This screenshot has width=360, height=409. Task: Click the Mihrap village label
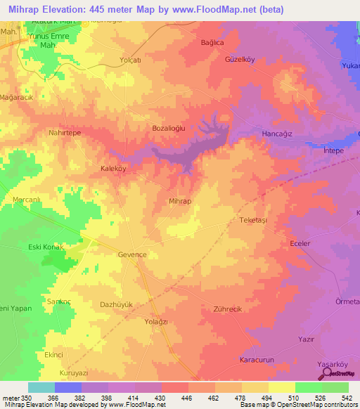pyautogui.click(x=180, y=201)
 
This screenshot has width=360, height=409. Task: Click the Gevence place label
pyautogui.click(x=132, y=254)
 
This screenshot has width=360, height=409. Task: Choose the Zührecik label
pyautogui.click(x=226, y=309)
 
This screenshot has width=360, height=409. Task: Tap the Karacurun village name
pyautogui.click(x=257, y=359)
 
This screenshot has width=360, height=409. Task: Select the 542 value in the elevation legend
pyautogui.click(x=347, y=398)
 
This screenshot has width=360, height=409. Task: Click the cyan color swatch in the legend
pyautogui.click(x=41, y=387)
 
